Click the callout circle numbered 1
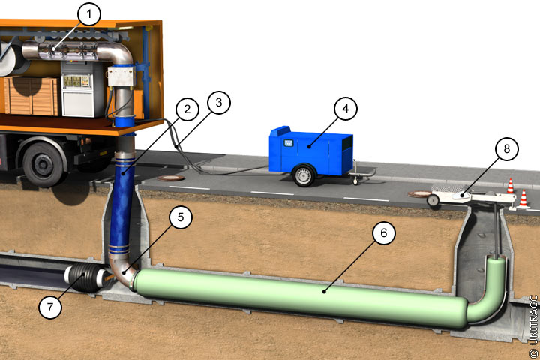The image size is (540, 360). tap(89, 14)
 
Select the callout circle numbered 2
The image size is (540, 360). tap(187, 109)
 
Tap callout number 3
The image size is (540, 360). tap(219, 103)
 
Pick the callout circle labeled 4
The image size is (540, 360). tap(346, 109)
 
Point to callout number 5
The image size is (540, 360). tap(181, 217)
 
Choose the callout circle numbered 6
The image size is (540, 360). tap(384, 233)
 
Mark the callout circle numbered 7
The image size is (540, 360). tap(50, 307)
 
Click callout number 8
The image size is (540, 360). tap(506, 148)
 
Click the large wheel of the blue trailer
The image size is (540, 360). tap(303, 175)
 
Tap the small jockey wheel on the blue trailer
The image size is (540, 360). tap(355, 180)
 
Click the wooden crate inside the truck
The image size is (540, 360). tap(31, 97)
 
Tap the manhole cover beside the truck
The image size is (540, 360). tap(171, 178)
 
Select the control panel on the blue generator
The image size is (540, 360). tap(288, 142)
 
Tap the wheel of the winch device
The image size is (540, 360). tap(433, 200)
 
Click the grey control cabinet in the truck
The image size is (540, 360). tap(82, 89)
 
